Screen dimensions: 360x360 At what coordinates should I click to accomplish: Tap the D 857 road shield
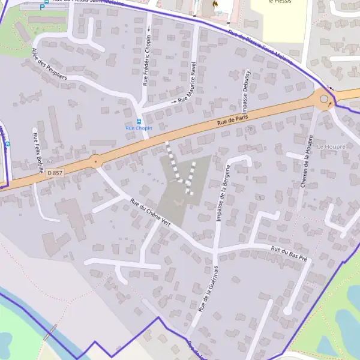(x=55, y=173)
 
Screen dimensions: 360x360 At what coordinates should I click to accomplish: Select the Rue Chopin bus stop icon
(x=139, y=122)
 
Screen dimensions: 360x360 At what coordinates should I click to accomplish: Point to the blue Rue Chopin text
(x=139, y=128)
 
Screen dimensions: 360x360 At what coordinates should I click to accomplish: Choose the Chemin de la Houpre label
(x=307, y=161)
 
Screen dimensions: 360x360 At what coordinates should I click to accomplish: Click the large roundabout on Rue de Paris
(x=324, y=99)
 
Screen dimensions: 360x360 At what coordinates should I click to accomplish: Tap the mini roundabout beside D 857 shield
(x=95, y=161)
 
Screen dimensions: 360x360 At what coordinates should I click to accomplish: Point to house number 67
(x=50, y=161)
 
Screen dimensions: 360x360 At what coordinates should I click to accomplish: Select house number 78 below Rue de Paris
(x=250, y=129)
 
